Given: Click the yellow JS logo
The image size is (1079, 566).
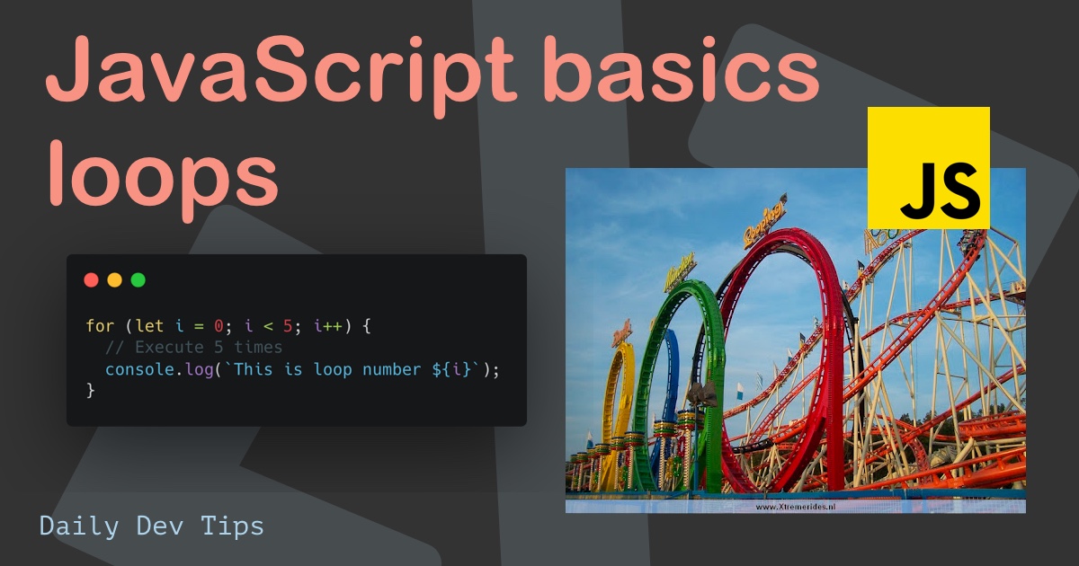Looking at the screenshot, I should [x=928, y=167].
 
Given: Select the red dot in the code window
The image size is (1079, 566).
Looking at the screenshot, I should [x=91, y=279].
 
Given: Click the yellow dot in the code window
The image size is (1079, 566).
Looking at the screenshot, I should [x=114, y=279].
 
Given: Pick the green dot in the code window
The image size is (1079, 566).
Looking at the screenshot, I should [x=138, y=279].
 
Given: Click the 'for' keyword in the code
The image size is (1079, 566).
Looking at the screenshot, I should [x=100, y=326].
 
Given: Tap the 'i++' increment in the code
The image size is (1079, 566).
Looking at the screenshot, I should [x=328, y=326].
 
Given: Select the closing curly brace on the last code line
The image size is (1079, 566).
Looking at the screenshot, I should [x=90, y=390].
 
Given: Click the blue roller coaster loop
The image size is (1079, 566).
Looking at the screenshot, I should [x=670, y=377].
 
